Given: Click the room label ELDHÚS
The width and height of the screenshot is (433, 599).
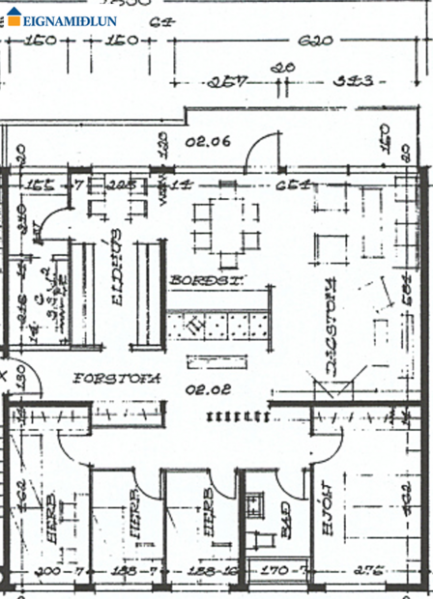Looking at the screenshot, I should point(115,279).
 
